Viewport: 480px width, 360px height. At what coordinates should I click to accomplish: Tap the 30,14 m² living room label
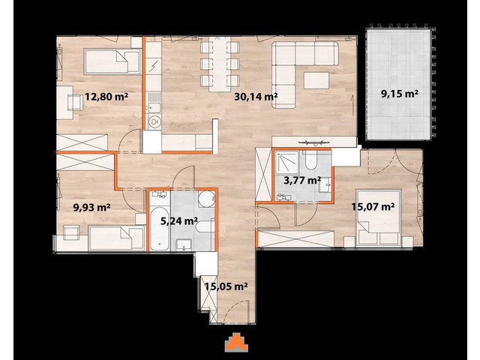click(x=256, y=96)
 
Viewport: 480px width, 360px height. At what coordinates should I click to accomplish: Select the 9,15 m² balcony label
click(x=400, y=94)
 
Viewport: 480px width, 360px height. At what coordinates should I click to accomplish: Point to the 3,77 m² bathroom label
click(x=302, y=180)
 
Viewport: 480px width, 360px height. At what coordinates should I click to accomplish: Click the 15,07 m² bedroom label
click(x=373, y=206)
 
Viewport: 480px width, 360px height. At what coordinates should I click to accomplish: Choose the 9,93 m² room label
click(x=92, y=208)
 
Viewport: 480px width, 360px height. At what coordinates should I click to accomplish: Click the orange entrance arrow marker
click(x=236, y=341)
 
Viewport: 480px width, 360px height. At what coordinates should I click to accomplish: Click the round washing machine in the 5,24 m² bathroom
click(x=206, y=200)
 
